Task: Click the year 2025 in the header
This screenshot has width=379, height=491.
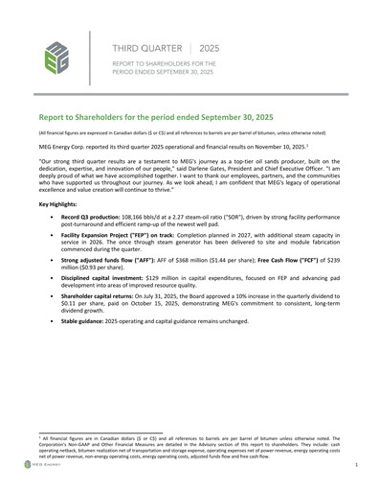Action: (x=209, y=46)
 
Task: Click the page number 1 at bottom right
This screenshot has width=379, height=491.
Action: (x=356, y=464)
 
